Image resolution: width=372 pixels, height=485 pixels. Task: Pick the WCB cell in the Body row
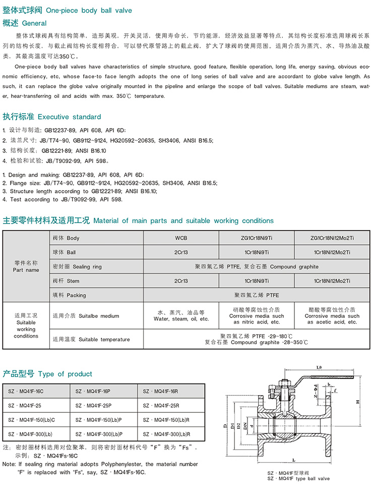pyautogui.click(x=181, y=238)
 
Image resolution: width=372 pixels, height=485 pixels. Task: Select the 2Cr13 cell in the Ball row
pyautogui.click(x=181, y=252)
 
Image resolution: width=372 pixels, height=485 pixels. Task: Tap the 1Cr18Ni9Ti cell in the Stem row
pyautogui.click(x=257, y=281)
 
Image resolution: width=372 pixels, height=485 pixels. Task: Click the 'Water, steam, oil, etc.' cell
pyautogui.click(x=181, y=316)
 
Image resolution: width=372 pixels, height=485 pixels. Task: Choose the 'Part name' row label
pyautogui.click(x=26, y=266)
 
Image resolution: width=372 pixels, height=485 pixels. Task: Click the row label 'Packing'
pyautogui.click(x=69, y=295)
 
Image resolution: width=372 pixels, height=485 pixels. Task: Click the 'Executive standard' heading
pyautogui.click(x=52, y=117)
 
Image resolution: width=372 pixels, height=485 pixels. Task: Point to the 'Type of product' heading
pyautogui.click(x=48, y=374)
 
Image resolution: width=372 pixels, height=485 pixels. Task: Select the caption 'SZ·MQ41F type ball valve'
pyautogui.click(x=298, y=478)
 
